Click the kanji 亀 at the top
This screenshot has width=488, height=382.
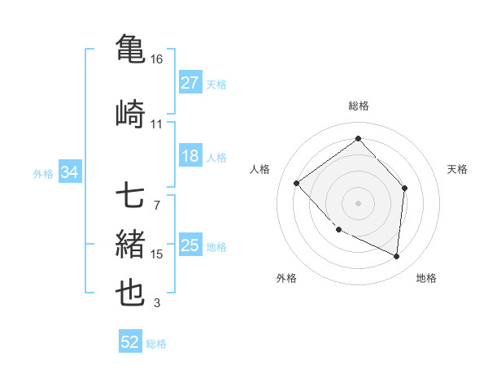point(129,47)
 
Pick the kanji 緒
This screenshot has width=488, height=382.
point(129,244)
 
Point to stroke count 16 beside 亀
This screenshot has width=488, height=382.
point(157,59)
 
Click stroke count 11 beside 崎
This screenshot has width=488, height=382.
point(157,124)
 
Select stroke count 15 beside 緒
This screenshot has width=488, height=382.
point(157,254)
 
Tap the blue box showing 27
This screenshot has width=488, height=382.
point(190,83)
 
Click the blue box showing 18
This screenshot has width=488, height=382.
point(190,156)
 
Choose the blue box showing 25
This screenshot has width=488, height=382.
point(190,245)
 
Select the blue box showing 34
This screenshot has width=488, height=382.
point(69,173)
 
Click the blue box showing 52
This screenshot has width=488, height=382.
point(130,343)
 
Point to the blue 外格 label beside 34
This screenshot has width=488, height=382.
point(43,174)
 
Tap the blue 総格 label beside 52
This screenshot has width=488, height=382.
point(156,344)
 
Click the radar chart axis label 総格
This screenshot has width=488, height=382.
point(358,106)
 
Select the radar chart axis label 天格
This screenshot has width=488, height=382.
point(458,169)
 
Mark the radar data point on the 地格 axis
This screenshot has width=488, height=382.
point(396,257)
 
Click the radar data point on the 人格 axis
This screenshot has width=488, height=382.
point(297,184)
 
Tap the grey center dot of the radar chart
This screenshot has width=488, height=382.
point(358,202)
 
